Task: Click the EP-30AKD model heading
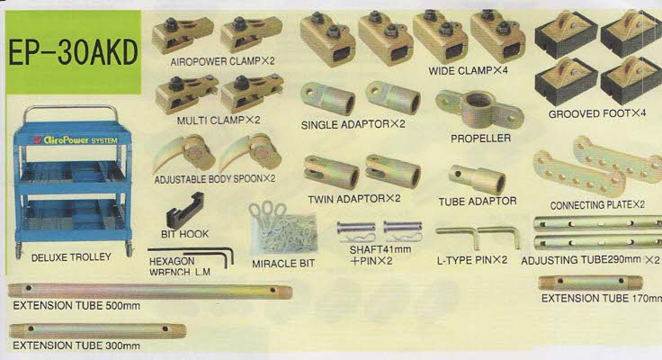[73, 52]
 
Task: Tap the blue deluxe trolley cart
[73, 181]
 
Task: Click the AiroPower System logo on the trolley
[76, 139]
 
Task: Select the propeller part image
[479, 108]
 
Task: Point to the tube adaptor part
[477, 180]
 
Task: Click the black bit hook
[185, 211]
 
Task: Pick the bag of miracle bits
[282, 229]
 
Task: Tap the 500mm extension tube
[150, 291]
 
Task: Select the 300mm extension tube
[97, 331]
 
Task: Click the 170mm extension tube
[590, 283]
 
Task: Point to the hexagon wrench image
[191, 255]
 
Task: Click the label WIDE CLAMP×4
[468, 70]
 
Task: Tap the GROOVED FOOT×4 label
[597, 113]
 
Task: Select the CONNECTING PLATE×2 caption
[597, 205]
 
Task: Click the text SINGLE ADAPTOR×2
[353, 124]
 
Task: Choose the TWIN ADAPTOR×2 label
[353, 199]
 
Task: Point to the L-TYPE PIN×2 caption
[471, 260]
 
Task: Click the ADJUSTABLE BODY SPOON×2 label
[214, 179]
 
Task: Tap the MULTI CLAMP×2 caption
[219, 121]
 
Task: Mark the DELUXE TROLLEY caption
[71, 256]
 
